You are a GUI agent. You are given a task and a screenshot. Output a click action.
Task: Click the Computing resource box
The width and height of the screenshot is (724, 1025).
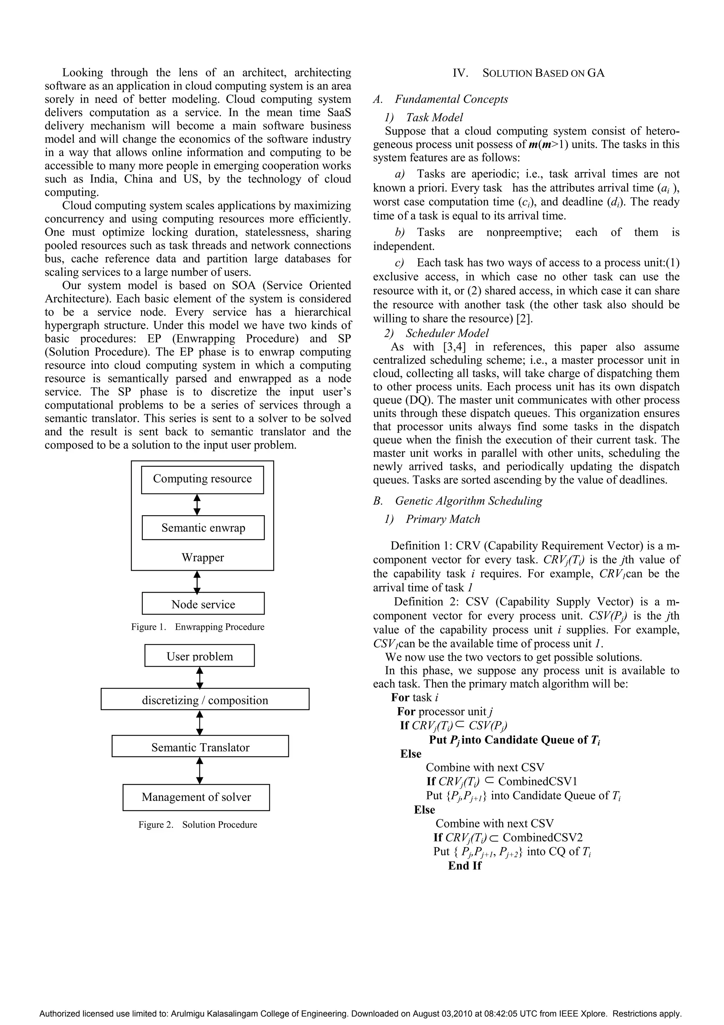[x=202, y=479]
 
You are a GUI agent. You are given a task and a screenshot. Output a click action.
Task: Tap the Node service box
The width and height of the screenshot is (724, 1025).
[x=203, y=604]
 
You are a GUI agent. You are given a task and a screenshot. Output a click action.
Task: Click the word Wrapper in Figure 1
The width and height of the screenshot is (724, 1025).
[x=203, y=557]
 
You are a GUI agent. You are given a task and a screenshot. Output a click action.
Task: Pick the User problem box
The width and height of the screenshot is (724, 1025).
[x=199, y=656]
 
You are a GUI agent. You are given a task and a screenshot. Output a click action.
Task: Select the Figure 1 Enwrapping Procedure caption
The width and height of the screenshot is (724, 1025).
[x=198, y=627]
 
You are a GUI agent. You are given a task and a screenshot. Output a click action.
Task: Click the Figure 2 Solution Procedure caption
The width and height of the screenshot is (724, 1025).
[x=198, y=824]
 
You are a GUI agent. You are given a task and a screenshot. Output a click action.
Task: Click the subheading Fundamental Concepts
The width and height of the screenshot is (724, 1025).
[x=451, y=99]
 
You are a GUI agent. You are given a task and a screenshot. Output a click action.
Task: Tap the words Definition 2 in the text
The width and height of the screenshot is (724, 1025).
[x=426, y=602]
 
